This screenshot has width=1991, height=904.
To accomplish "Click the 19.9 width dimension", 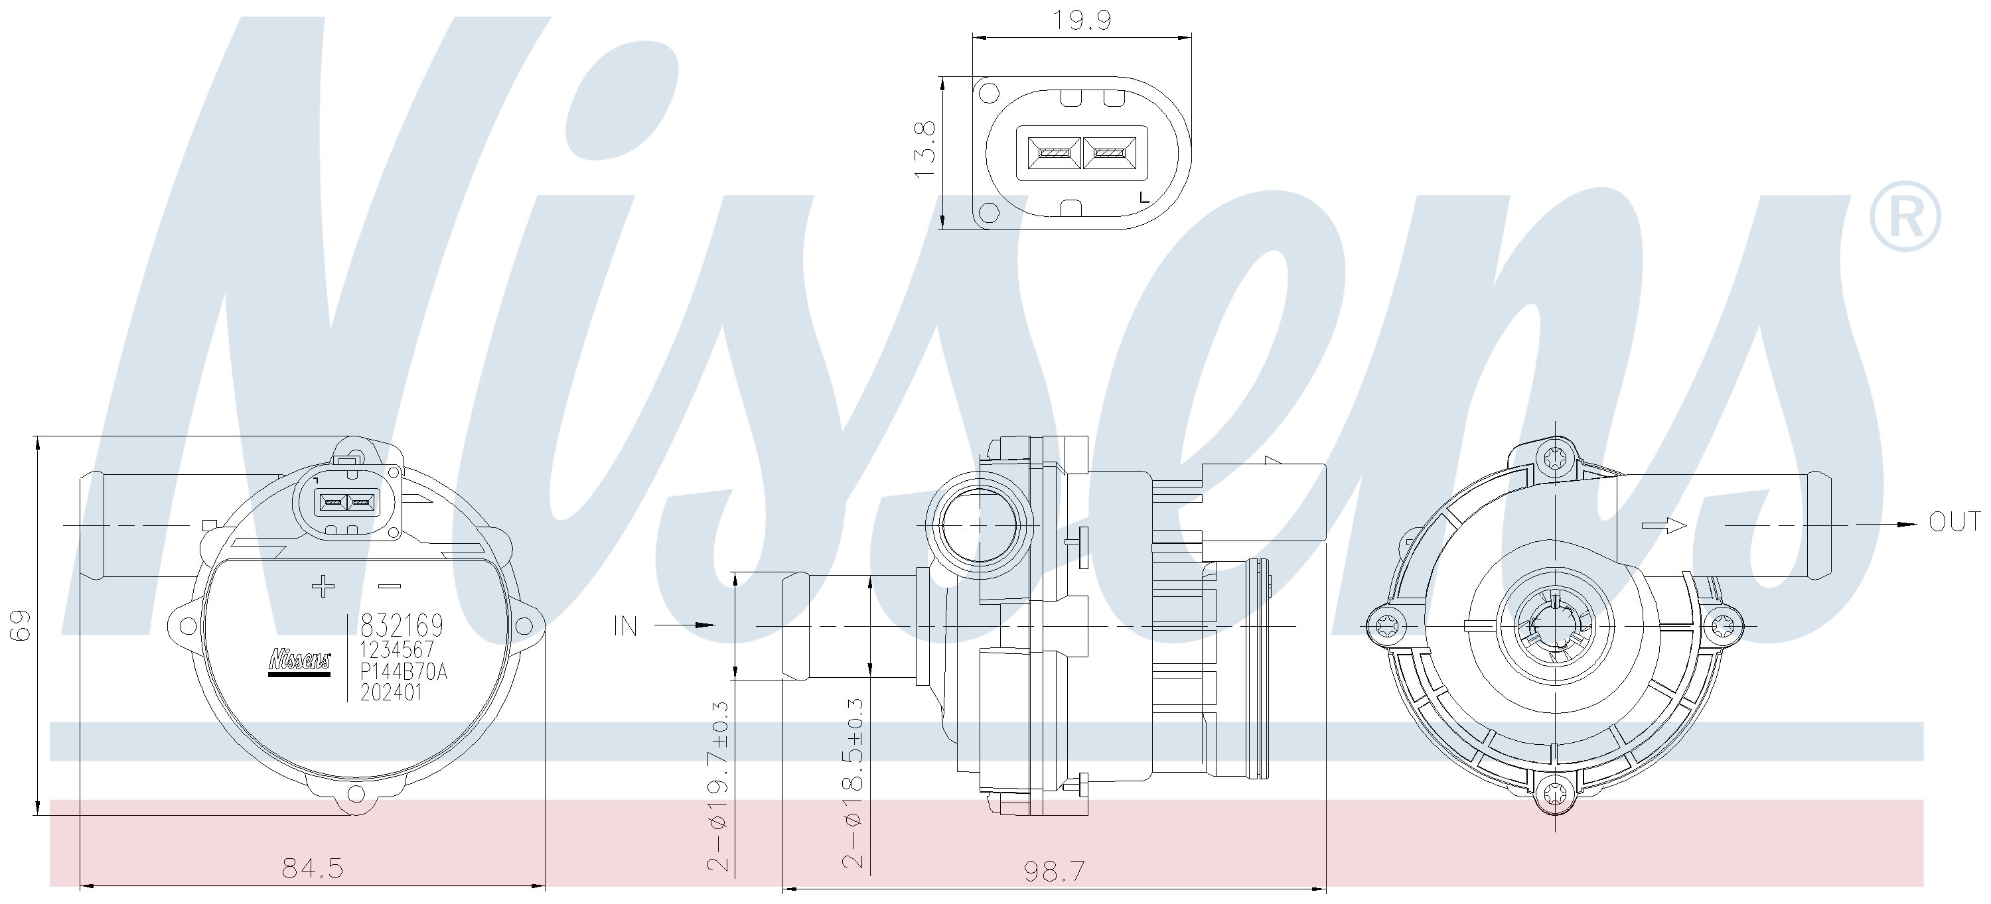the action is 1082,19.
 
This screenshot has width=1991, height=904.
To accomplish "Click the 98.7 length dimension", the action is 1055,872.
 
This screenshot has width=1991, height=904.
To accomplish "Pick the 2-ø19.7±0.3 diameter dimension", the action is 718,787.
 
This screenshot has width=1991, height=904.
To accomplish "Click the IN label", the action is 625,627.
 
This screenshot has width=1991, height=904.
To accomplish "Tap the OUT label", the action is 1954,523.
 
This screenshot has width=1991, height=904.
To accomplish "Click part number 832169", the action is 402,624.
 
